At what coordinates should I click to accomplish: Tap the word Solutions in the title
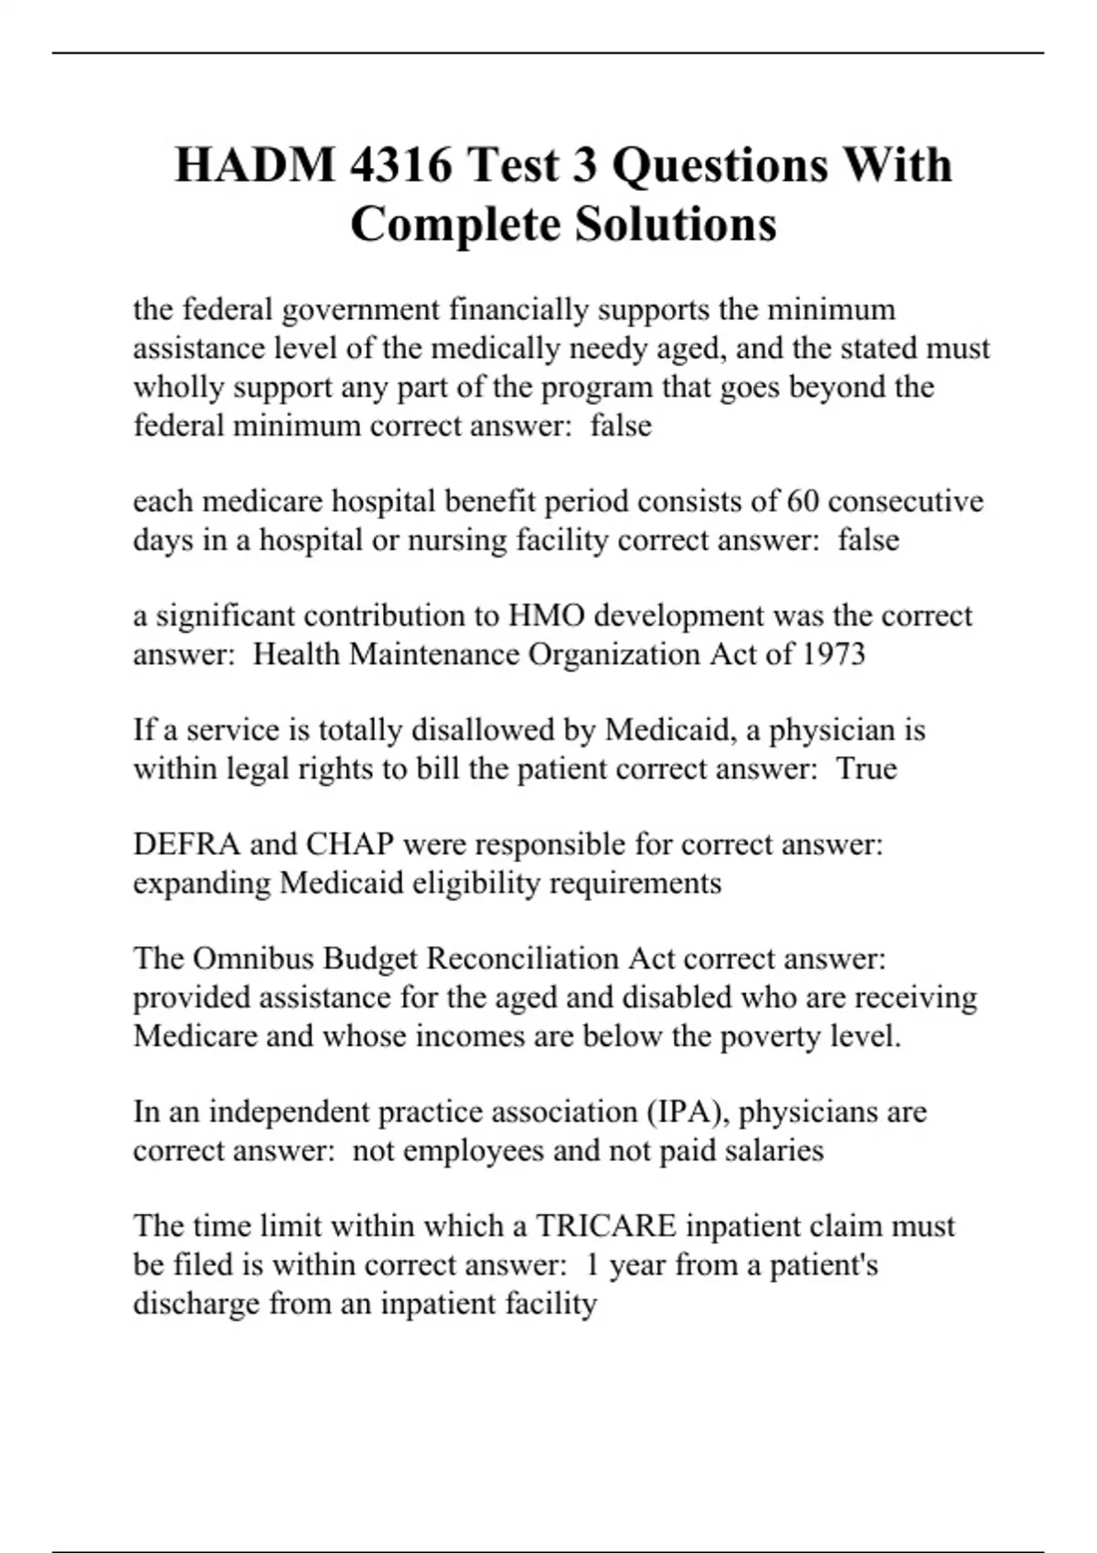coord(676,224)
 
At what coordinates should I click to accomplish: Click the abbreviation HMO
coord(546,616)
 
